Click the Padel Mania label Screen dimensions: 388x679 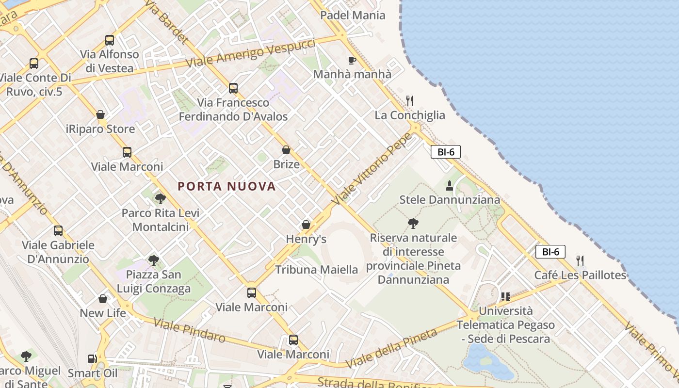353,15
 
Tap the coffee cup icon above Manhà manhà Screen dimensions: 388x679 352,60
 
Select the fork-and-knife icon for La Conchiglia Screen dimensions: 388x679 410,101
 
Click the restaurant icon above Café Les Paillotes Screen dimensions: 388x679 580,260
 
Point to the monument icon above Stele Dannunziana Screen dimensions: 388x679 449,185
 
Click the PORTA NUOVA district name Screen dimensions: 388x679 226,186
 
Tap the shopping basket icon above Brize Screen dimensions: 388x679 286,150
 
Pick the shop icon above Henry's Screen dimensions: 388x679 306,225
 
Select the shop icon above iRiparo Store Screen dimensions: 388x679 100,114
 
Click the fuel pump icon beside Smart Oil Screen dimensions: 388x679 92,359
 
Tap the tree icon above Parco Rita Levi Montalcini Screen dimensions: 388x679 160,198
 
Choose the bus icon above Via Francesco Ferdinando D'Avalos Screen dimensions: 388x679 233,88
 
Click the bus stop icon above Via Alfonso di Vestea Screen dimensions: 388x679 110,40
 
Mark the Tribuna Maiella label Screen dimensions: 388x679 316,270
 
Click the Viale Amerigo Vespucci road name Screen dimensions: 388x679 250,53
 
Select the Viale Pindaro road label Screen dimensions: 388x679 189,330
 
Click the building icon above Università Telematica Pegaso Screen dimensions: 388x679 505,296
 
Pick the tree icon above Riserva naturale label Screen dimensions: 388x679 413,223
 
